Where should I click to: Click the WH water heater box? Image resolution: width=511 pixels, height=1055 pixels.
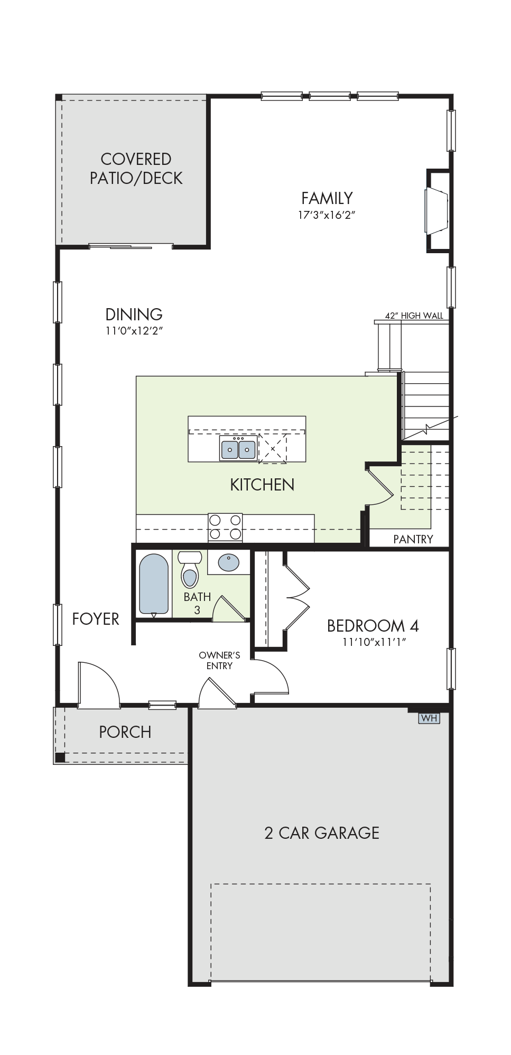429,718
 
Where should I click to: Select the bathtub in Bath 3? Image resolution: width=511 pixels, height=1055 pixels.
154,585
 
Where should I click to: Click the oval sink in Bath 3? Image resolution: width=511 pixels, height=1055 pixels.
228,562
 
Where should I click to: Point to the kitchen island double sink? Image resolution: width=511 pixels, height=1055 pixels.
238,449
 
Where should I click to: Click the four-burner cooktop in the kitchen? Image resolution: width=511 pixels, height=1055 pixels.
225,527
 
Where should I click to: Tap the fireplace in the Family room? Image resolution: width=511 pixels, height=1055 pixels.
437,210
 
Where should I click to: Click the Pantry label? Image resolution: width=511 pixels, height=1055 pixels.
413,539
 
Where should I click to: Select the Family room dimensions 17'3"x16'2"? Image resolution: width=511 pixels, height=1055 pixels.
327,215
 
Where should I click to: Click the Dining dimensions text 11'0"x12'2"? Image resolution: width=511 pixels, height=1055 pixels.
134,331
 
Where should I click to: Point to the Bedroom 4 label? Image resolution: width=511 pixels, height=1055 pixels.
373,626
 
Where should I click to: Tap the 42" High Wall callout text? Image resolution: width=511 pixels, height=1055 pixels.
414,316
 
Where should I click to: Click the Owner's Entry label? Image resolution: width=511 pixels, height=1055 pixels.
219,661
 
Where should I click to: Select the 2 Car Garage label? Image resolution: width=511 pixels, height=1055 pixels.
321,833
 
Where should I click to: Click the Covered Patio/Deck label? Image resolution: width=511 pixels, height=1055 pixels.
136,169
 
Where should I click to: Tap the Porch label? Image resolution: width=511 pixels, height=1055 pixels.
125,732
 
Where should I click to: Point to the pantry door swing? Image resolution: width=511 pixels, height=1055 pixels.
380,485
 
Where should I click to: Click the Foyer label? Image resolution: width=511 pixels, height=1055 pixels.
96,619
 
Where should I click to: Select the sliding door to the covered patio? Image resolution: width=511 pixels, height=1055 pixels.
131,245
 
